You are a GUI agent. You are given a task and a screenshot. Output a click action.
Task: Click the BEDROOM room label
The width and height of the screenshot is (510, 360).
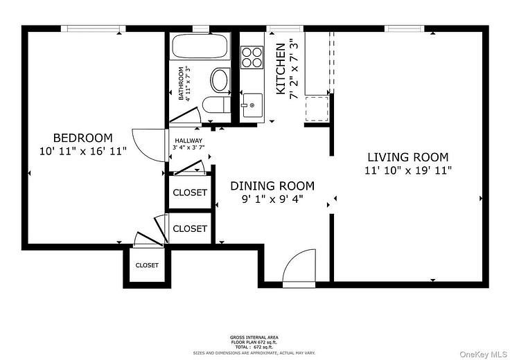tap(82, 137)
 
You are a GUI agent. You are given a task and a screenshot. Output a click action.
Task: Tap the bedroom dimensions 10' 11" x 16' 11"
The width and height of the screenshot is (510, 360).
tap(83, 150)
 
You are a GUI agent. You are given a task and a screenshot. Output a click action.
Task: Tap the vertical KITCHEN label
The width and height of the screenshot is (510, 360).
tap(281, 69)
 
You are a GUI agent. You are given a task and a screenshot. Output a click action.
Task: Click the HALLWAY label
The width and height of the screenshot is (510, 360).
tap(188, 139)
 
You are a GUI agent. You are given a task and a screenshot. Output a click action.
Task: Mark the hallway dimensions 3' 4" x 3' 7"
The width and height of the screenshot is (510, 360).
tap(188, 147)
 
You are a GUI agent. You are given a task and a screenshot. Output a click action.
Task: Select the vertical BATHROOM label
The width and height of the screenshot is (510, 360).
tap(181, 83)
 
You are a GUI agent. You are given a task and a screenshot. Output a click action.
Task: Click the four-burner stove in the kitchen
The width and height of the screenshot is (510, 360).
tap(252, 56)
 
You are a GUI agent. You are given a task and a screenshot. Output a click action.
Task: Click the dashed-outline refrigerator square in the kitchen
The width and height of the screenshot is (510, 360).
tap(317, 109)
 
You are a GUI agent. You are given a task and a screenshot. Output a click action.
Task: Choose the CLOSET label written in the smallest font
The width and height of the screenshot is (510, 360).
tap(146, 265)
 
